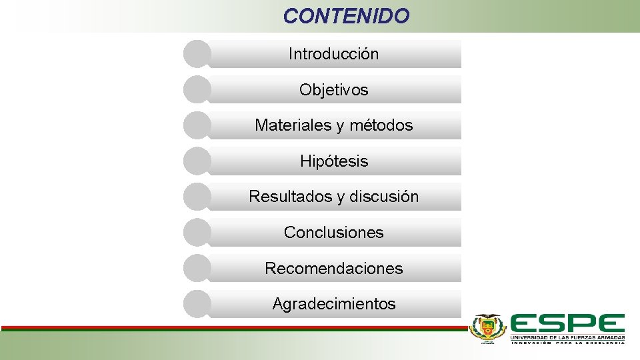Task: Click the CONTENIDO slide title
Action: coord(346,16)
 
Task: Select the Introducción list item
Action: coord(333,54)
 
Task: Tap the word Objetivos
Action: coord(333,90)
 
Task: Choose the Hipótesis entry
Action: coord(333,161)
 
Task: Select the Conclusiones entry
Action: coord(333,233)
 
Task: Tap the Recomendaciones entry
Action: coord(333,269)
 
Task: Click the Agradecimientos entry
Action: coord(333,305)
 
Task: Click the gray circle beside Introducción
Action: coord(197,54)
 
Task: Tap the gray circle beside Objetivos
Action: coord(197,89)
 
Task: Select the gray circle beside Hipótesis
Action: coord(197,161)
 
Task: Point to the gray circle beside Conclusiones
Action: coord(197,233)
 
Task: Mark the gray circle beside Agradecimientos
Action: coord(197,304)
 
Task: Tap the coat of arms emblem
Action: coord(488,328)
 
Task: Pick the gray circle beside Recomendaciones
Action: coord(197,268)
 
